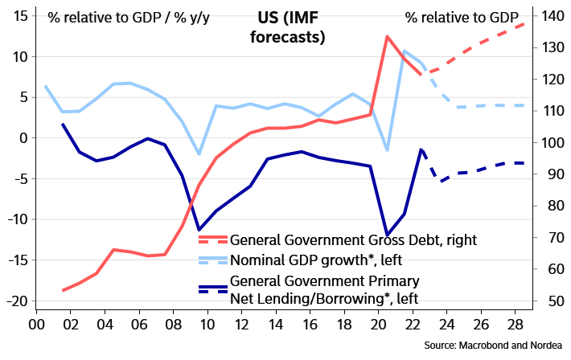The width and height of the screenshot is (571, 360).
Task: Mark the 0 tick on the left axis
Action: [25, 138]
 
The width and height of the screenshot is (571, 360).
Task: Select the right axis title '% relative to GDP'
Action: [461, 17]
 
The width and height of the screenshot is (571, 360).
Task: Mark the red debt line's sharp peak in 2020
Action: [388, 37]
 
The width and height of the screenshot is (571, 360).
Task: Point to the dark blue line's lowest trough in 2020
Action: [388, 234]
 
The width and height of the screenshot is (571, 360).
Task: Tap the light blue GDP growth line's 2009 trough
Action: [199, 153]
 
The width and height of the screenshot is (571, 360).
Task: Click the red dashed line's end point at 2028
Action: [524, 22]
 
